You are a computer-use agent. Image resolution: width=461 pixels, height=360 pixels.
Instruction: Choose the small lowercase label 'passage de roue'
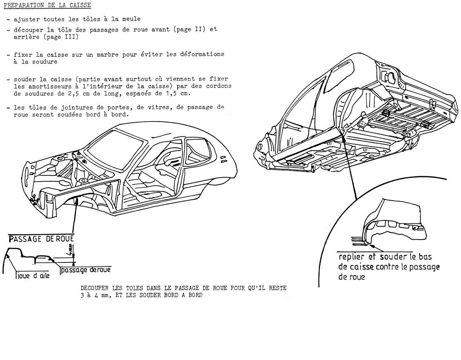(x=85, y=269)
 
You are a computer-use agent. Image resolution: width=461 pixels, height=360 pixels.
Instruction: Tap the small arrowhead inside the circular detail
(x=370, y=244)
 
